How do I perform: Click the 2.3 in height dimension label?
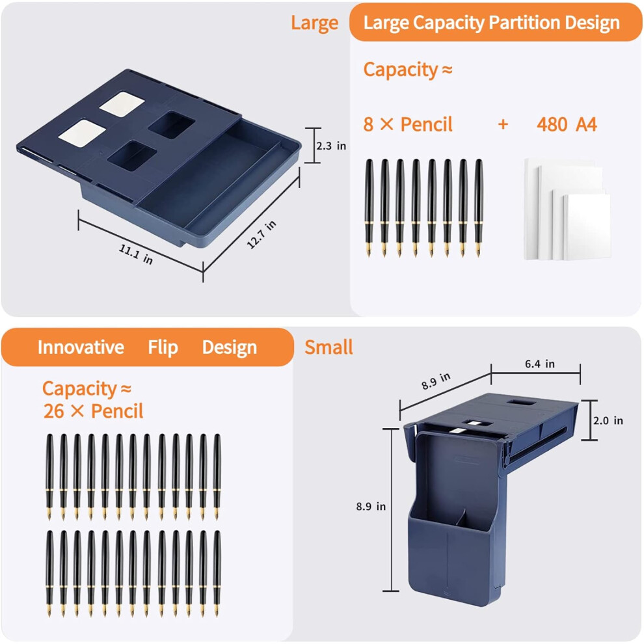click(331, 146)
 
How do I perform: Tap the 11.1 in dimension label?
click(136, 254)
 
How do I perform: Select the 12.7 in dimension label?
click(262, 235)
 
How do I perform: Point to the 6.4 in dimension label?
click(540, 364)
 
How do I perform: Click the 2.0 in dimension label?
click(608, 420)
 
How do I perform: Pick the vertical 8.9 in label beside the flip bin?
click(371, 506)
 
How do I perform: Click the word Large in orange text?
click(315, 23)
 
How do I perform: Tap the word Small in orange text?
click(329, 347)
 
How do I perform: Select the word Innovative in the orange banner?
click(81, 347)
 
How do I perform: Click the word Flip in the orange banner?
click(163, 347)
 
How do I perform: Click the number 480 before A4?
click(552, 124)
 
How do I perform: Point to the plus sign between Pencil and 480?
click(503, 124)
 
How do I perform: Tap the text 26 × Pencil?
click(93, 411)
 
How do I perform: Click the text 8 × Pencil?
click(408, 124)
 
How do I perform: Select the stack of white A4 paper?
click(567, 209)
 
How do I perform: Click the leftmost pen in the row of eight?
click(369, 208)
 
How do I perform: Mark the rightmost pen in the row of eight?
click(479, 208)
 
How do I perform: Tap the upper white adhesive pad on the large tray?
click(122, 103)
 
